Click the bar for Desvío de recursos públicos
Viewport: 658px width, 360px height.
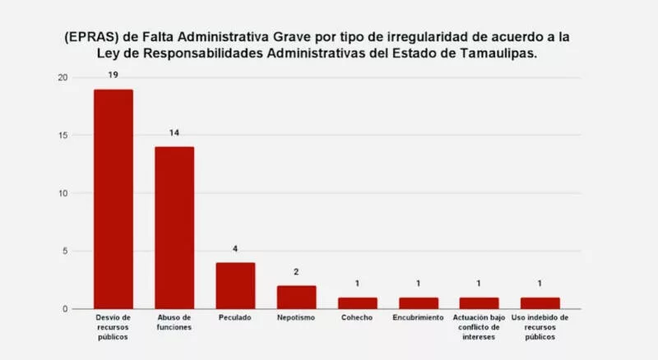coord(113,199)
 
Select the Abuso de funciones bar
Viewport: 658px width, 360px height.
coord(174,228)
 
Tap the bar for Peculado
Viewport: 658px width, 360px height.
coord(235,285)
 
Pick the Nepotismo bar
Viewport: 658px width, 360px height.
coord(296,297)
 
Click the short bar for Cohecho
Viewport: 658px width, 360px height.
coord(357,302)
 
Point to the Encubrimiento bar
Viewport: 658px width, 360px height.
coord(418,302)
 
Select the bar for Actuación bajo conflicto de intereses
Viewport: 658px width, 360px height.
coord(479,302)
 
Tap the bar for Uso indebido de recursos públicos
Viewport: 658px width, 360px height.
coord(540,302)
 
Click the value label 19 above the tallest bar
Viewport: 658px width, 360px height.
coord(113,76)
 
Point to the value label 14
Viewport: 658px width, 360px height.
coord(174,133)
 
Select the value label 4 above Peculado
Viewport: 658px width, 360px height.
coord(235,248)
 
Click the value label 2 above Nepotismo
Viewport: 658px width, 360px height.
coord(296,272)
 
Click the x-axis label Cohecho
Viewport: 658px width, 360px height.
coord(357,318)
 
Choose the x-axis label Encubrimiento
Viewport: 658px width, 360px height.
coord(418,318)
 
